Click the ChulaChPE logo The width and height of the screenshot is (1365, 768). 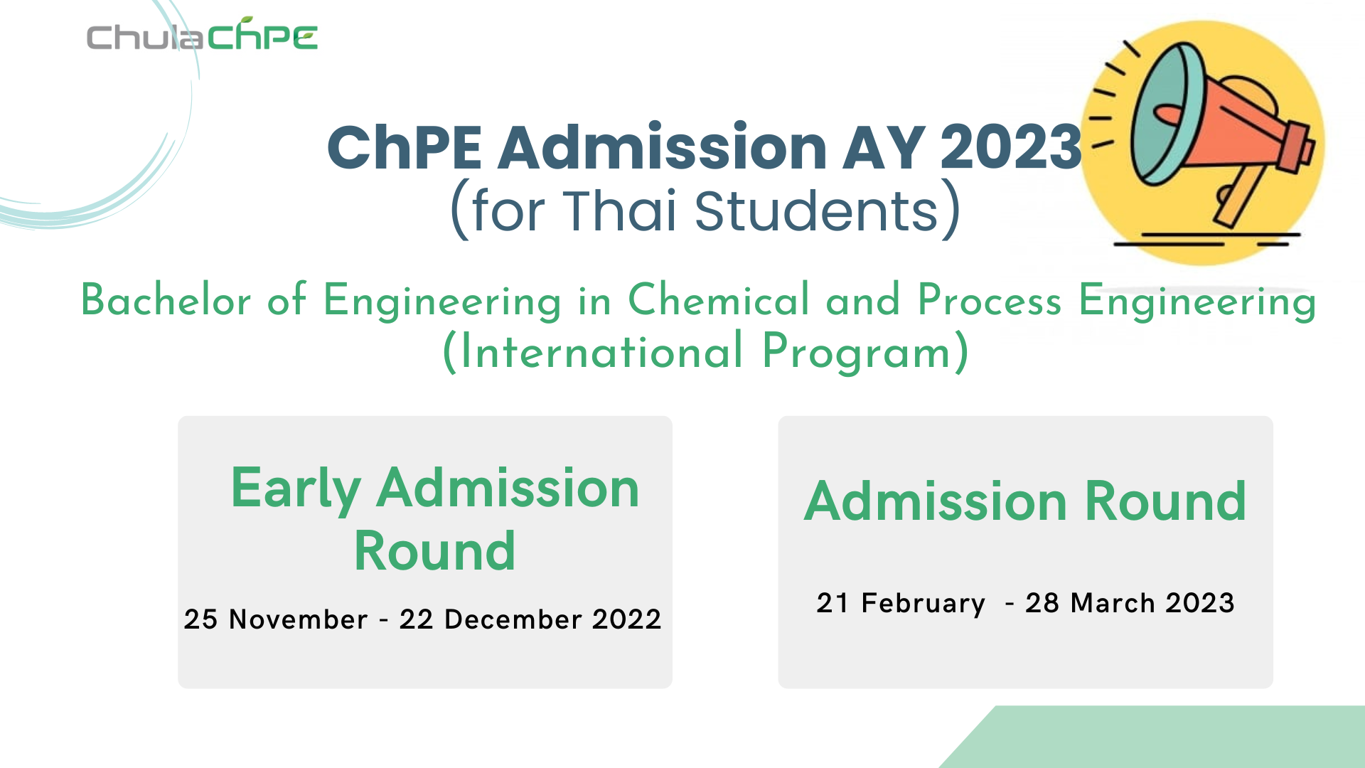point(202,36)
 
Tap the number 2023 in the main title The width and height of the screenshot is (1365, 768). point(1011,147)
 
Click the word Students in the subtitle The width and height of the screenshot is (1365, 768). point(817,211)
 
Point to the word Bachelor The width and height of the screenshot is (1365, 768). point(166,299)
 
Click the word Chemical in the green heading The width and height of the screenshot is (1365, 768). point(719,299)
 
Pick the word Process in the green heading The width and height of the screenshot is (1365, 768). point(990,300)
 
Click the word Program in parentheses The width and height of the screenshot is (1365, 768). point(857,353)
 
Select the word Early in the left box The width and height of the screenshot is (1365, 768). point(296,489)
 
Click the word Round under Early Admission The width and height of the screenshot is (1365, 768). point(434,551)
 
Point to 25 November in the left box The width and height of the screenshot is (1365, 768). point(276,619)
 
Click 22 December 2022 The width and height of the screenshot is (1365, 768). point(530,619)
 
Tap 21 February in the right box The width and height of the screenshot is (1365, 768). point(901,603)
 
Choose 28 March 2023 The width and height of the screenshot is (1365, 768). point(1130,603)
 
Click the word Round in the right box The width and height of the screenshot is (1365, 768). point(1166,501)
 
